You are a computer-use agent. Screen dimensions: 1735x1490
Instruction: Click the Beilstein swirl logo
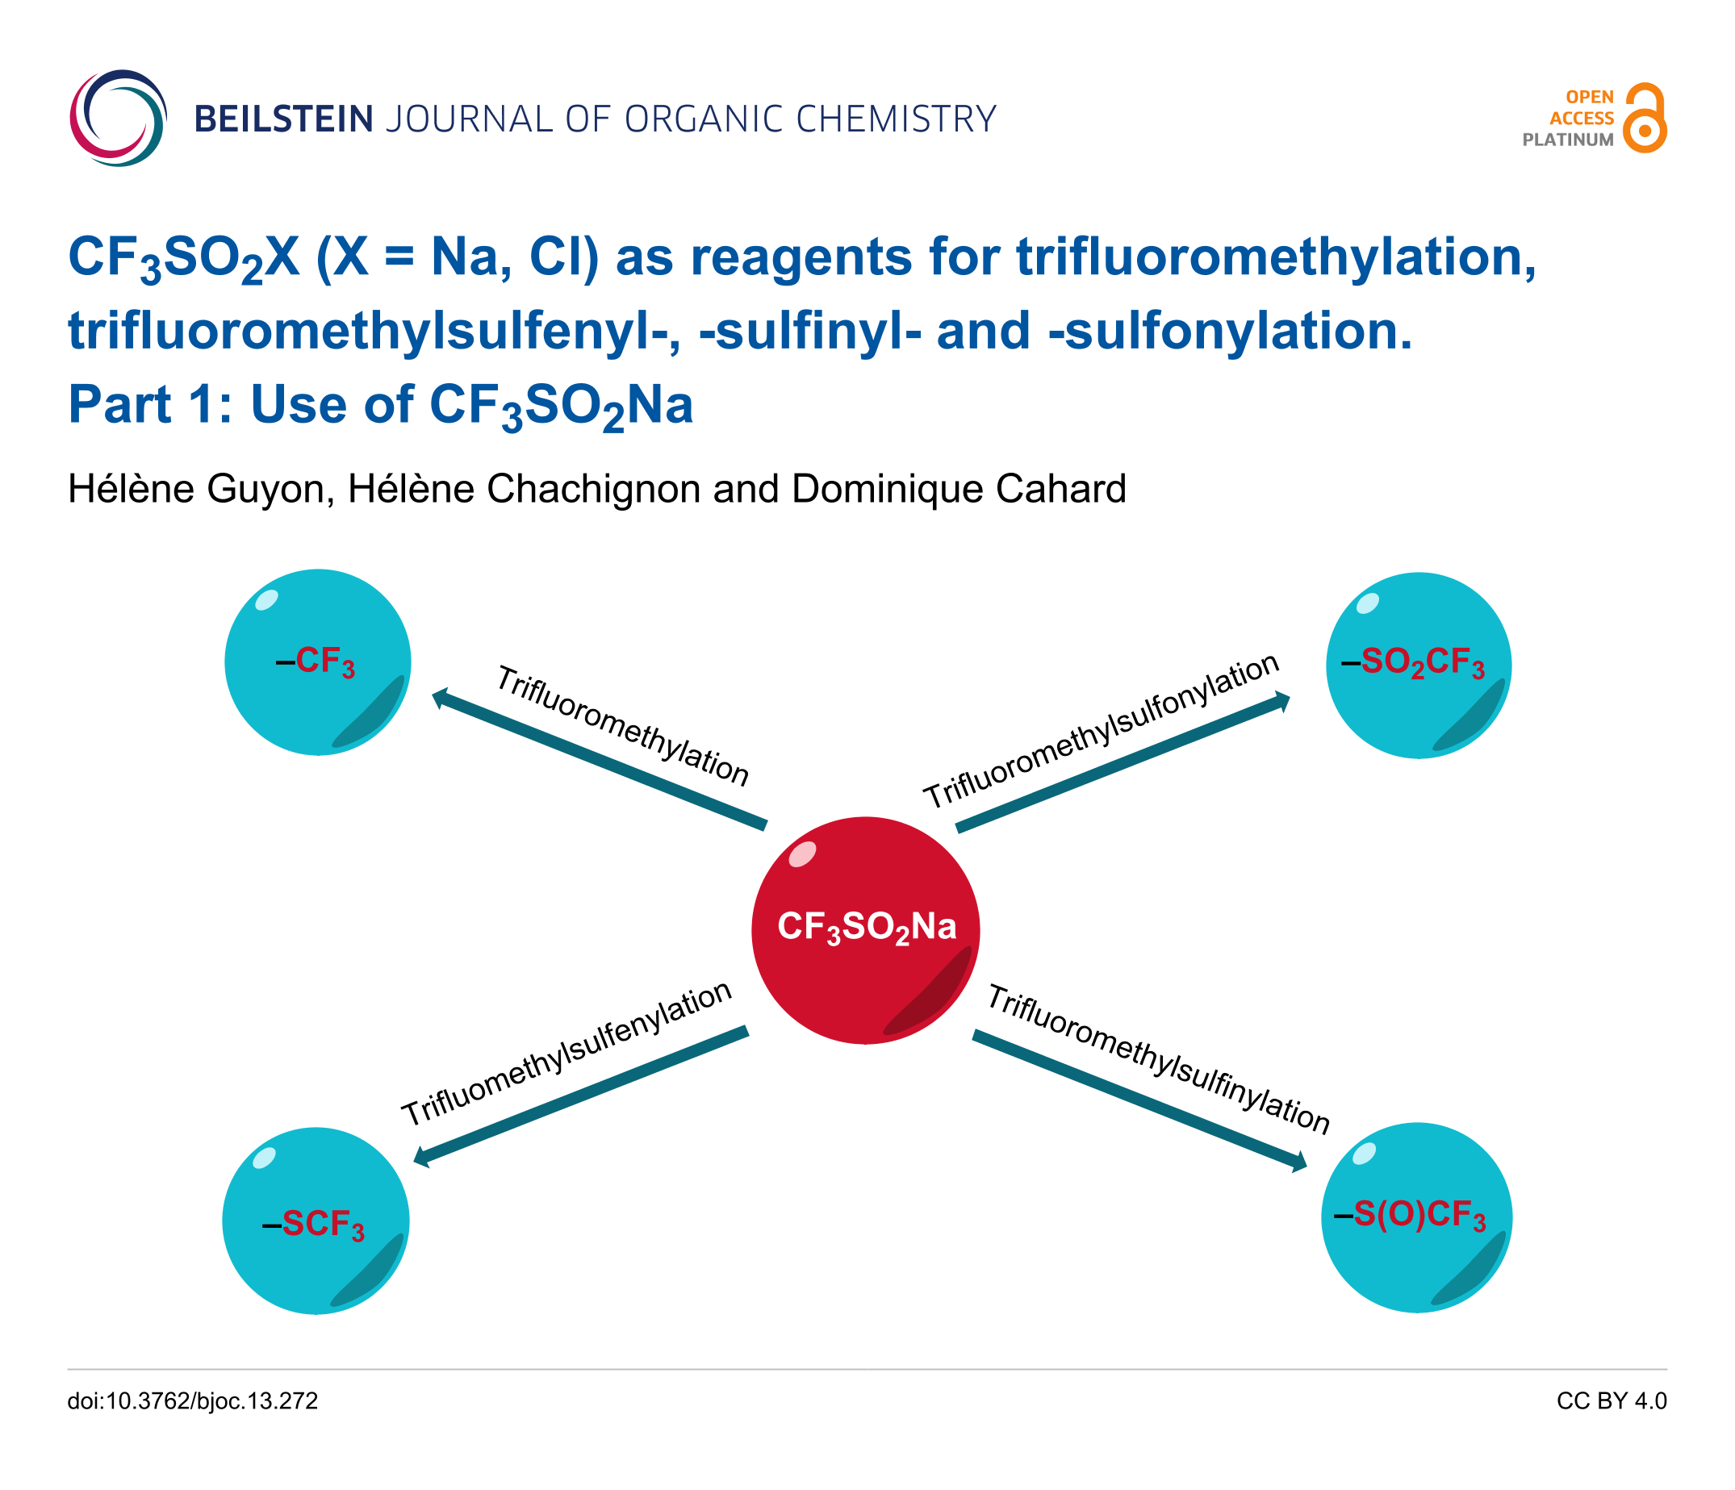(118, 118)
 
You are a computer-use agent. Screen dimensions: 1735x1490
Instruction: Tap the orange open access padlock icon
(1644, 118)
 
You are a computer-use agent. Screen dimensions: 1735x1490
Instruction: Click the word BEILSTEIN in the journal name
(284, 119)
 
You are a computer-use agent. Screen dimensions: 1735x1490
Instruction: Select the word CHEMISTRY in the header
(896, 119)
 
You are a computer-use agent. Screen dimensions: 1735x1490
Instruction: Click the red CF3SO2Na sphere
(866, 930)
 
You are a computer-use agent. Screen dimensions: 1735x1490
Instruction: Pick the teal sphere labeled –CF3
(318, 662)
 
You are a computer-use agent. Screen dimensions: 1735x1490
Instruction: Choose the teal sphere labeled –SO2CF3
(1419, 666)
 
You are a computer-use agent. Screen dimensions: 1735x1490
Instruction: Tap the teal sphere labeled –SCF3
(316, 1221)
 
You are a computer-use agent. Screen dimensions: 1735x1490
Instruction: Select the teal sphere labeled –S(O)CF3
(1417, 1218)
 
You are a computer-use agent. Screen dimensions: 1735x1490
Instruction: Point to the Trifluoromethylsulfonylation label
(1102, 731)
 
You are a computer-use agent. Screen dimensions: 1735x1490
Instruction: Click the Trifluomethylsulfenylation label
(566, 1054)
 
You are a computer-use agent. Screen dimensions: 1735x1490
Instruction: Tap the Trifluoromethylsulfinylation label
(1159, 1059)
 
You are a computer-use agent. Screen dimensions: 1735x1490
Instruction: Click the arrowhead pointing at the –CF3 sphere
(440, 697)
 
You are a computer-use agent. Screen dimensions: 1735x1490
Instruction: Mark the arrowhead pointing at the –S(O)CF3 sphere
(1298, 1162)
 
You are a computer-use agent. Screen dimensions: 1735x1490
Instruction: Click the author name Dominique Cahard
(959, 489)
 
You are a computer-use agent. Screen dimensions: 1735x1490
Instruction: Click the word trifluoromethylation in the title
(1276, 257)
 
